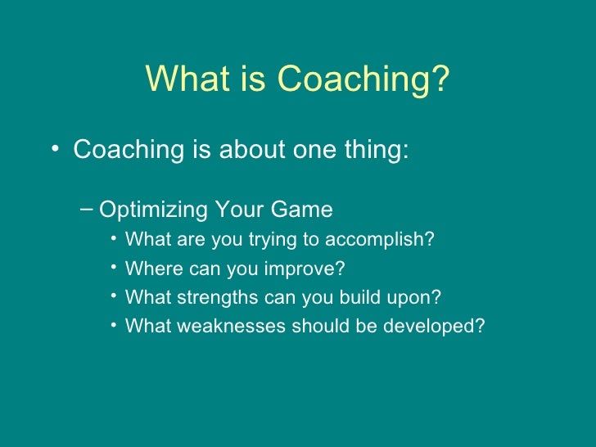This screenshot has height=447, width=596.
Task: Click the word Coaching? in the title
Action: pos(363,80)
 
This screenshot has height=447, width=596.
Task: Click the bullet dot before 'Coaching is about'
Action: pos(54,151)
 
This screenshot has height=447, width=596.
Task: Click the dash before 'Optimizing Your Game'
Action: pos(88,210)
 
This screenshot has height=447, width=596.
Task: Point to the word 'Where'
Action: pos(148,269)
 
